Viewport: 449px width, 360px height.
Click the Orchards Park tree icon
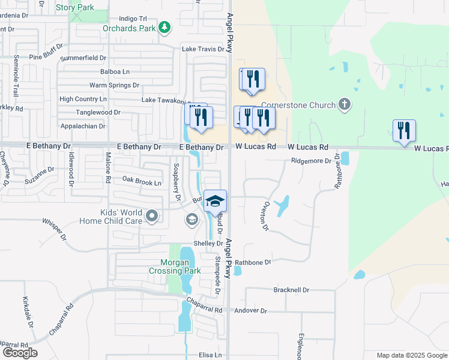click(164, 28)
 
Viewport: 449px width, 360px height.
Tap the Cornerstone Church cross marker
click(345, 105)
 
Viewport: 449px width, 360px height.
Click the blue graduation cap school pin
click(215, 201)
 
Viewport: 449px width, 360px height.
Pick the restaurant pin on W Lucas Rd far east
click(404, 131)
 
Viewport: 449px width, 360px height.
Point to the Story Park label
click(74, 7)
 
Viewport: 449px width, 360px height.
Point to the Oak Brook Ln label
click(142, 182)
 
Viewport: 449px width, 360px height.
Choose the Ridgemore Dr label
click(311, 161)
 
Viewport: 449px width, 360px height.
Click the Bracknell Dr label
click(291, 290)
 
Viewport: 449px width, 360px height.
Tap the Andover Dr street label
click(250, 310)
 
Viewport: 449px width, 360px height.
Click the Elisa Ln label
click(210, 355)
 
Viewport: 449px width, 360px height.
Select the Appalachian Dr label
click(83, 126)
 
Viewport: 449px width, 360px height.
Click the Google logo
click(20, 353)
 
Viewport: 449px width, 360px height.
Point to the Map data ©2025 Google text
click(411, 355)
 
